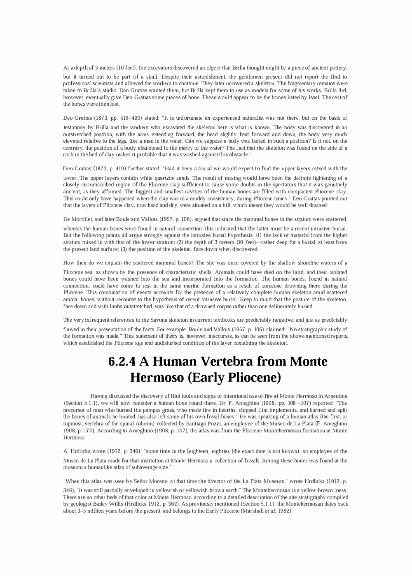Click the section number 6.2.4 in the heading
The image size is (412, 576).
click(x=122, y=362)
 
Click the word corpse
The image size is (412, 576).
click(x=253, y=307)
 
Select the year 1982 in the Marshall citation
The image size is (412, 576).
click(x=284, y=511)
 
